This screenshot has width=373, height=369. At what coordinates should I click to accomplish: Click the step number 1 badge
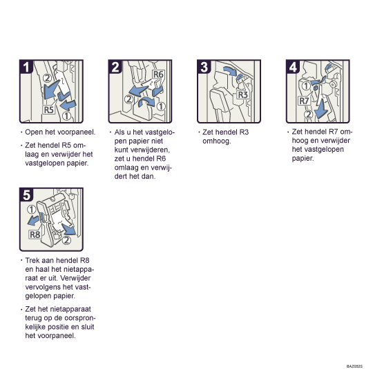[26, 67]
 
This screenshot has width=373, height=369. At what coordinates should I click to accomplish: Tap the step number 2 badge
[115, 67]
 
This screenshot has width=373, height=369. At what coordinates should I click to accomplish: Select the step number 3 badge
[204, 67]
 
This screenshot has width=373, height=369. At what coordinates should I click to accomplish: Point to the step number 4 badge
[293, 67]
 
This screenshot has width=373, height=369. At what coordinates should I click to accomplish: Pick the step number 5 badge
[26, 195]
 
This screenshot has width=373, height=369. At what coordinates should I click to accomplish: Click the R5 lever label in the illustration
[49, 110]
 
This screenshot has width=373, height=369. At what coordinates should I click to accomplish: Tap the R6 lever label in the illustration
[158, 74]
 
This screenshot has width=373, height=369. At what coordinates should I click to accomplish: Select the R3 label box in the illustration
[243, 94]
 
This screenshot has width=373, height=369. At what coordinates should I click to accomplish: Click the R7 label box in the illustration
[304, 101]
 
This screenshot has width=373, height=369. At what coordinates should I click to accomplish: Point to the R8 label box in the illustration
[35, 235]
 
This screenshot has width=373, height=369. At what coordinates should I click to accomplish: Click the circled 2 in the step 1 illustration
[48, 78]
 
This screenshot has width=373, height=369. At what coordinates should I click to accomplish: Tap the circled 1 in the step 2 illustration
[161, 106]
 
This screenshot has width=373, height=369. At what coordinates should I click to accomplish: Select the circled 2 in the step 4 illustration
[308, 114]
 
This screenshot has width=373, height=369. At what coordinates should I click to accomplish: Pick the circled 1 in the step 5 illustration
[31, 210]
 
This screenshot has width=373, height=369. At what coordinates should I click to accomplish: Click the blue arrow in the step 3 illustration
[230, 70]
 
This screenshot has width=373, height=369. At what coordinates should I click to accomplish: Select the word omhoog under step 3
[217, 141]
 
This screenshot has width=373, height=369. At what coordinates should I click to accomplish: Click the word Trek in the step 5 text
[32, 260]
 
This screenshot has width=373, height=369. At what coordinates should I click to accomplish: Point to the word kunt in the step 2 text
[121, 150]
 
